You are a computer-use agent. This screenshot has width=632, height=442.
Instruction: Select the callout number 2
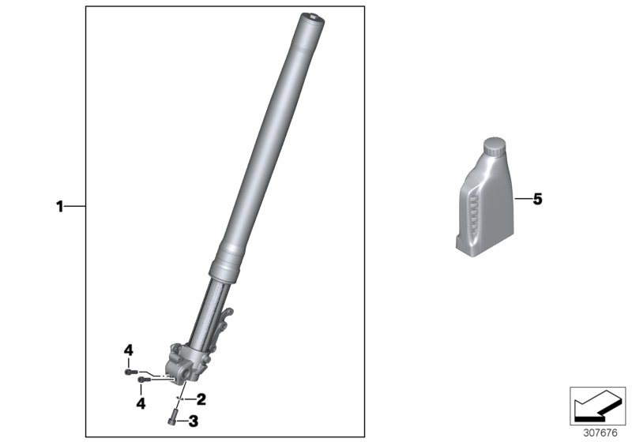tap(201, 399)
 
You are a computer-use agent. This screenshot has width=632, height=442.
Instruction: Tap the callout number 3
tap(192, 421)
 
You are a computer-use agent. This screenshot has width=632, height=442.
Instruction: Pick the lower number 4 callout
tap(141, 403)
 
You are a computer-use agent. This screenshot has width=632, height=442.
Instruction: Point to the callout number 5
tap(537, 200)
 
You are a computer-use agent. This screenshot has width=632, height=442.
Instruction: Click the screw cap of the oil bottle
tap(494, 146)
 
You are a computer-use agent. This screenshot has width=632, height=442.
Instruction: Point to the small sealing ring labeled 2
tap(180, 399)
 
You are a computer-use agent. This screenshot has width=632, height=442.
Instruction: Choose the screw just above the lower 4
tap(143, 381)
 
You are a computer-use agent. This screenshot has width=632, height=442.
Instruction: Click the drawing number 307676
tap(597, 432)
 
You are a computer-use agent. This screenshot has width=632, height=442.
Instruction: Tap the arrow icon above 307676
tap(596, 406)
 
